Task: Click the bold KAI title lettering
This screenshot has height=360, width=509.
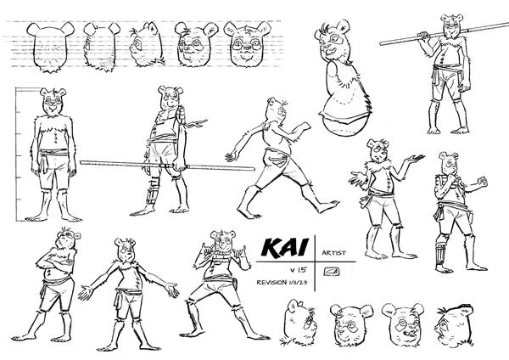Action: tap(284, 248)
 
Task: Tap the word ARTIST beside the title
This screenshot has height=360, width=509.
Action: tap(334, 253)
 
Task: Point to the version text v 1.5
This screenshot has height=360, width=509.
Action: tap(299, 270)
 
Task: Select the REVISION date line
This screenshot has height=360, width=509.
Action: tap(282, 282)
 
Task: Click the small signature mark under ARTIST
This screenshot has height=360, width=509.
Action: tap(332, 271)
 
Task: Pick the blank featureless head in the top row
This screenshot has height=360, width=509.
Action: tap(50, 47)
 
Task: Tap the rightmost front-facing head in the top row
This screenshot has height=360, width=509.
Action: tap(248, 44)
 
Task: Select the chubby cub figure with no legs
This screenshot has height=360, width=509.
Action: tap(343, 78)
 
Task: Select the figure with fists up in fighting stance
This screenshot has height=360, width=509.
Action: tap(459, 211)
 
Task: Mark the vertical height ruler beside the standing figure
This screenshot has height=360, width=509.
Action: tap(16, 155)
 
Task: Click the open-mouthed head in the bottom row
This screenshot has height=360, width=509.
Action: tap(403, 324)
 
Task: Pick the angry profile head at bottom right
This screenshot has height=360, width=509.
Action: tap(455, 325)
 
